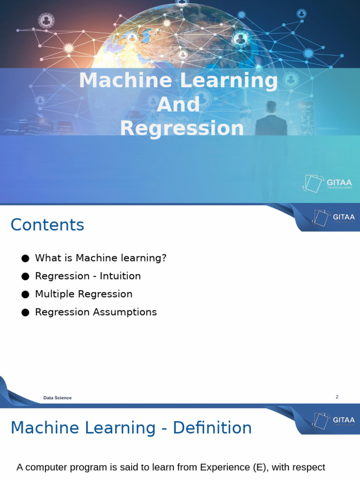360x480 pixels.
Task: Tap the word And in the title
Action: coord(179,105)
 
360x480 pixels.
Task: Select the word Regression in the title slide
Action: coord(182,128)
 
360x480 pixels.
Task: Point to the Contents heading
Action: coord(47,225)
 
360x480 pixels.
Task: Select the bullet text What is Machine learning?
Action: coord(101,258)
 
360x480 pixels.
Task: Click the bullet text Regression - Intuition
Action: coord(88,276)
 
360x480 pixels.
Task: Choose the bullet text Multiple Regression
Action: coord(83,294)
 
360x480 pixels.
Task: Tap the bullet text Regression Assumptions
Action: coord(96,312)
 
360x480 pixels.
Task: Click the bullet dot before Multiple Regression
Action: coord(25,295)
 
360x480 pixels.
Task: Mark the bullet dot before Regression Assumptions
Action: coord(25,313)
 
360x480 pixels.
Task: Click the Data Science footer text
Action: coord(57,398)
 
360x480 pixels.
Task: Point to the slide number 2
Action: coord(337,397)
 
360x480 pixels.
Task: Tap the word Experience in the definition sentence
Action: coord(223,467)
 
